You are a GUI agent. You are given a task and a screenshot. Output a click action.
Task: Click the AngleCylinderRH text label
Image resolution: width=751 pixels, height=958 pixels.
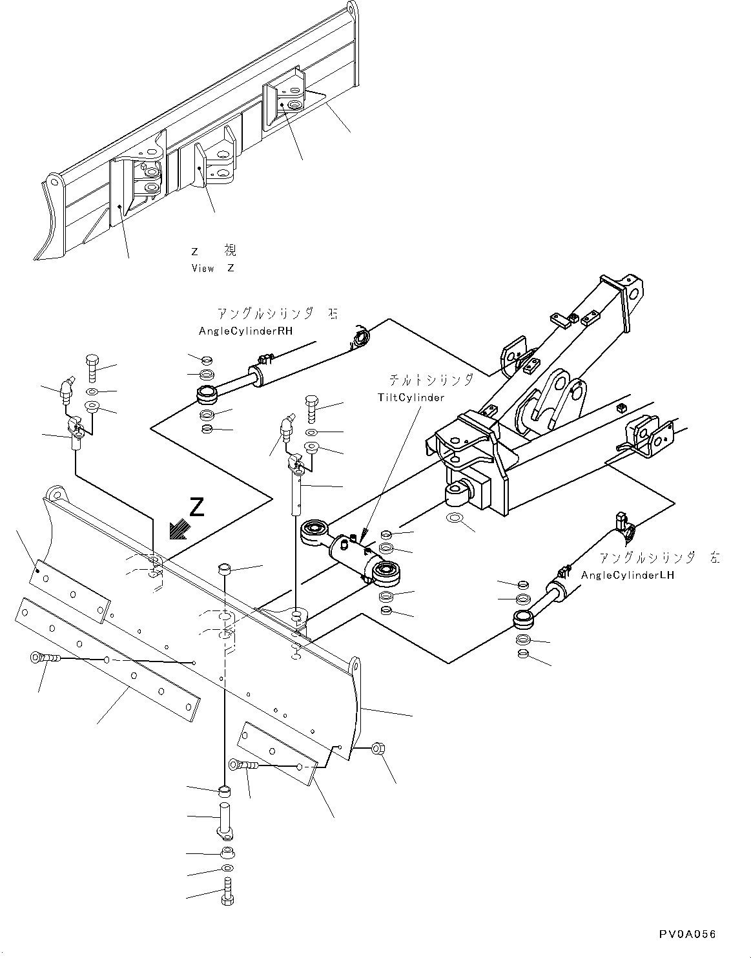pyautogui.click(x=245, y=331)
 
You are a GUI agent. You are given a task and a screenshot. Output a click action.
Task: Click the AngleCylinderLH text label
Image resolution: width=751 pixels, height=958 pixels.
pyautogui.click(x=627, y=575)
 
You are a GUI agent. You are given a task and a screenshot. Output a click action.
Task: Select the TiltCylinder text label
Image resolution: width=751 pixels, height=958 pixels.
pyautogui.click(x=411, y=397)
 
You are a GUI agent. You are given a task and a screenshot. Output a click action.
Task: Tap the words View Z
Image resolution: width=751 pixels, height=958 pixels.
pyautogui.click(x=212, y=268)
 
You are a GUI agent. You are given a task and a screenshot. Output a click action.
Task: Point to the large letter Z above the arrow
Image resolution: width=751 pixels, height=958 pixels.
pyautogui.click(x=197, y=507)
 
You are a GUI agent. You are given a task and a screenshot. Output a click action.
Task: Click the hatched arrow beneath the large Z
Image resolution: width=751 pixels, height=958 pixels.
pyautogui.click(x=178, y=530)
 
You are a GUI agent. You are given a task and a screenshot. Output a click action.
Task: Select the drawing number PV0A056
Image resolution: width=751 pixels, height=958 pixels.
pyautogui.click(x=687, y=934)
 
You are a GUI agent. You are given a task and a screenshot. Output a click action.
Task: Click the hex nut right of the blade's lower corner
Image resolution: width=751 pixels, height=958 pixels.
pyautogui.click(x=378, y=749)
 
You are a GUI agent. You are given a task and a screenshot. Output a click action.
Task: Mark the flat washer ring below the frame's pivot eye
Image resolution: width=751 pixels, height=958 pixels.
pyautogui.click(x=453, y=518)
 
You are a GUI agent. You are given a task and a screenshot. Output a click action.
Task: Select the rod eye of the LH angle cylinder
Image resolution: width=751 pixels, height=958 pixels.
pyautogui.click(x=522, y=620)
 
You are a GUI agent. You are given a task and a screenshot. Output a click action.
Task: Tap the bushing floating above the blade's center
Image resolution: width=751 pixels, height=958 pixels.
pyautogui.click(x=225, y=569)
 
